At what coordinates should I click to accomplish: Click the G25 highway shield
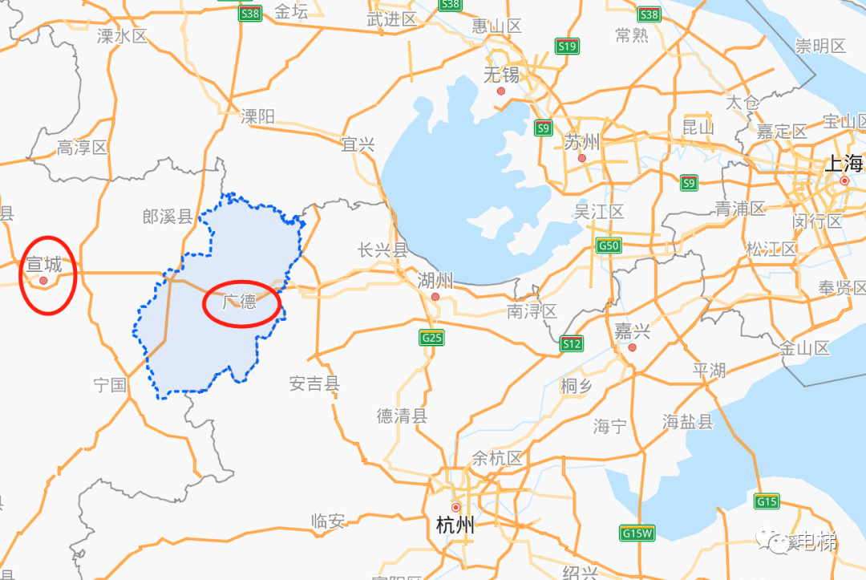(431, 338)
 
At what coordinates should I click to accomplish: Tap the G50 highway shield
(609, 245)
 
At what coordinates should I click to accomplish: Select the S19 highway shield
(567, 47)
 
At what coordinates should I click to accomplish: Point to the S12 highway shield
(571, 344)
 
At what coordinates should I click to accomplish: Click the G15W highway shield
(637, 533)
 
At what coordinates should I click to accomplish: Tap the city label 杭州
(455, 526)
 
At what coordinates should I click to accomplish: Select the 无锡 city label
(501, 75)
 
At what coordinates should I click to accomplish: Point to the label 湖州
(435, 281)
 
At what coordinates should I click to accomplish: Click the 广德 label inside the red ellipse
(240, 302)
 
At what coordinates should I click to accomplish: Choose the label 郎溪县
(168, 217)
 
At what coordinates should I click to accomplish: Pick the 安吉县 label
(314, 384)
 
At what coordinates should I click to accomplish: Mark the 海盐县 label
(688, 421)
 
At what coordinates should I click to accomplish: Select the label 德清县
(403, 416)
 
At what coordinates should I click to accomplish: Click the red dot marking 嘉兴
(633, 347)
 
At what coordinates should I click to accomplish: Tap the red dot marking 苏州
(582, 158)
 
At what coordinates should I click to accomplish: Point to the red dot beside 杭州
(455, 507)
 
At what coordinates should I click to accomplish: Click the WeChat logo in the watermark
(775, 541)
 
